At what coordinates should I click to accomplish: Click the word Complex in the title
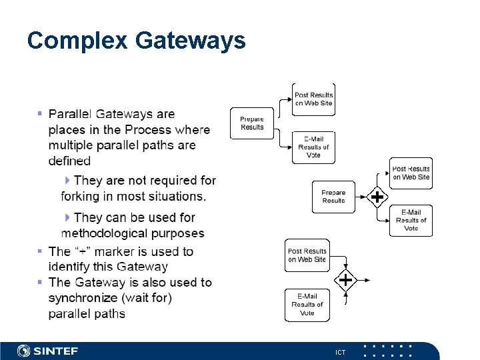(77, 41)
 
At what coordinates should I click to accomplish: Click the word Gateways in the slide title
(191, 41)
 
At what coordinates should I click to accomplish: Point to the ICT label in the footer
(341, 352)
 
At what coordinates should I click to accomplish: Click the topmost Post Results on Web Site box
(313, 99)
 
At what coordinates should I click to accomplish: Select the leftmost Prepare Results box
(252, 123)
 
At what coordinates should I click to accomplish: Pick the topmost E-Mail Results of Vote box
(313, 147)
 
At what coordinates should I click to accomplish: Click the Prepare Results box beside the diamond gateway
(333, 197)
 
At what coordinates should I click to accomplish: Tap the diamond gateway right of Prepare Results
(377, 197)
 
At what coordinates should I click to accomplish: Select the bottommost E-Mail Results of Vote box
(307, 305)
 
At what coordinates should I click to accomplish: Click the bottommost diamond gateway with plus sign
(345, 280)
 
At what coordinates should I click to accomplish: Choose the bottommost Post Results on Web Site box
(307, 255)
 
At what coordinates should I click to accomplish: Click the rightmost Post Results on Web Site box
(411, 173)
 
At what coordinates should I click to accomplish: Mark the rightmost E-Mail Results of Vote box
(411, 220)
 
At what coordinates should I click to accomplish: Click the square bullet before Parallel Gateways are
(40, 114)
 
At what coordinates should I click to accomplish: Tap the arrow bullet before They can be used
(67, 217)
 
